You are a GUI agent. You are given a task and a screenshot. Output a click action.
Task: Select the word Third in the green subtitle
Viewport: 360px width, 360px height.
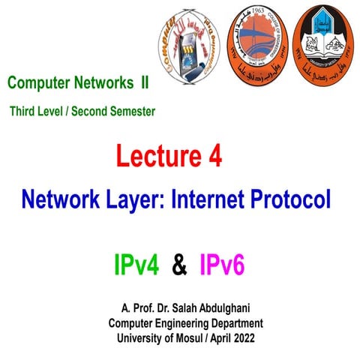(x=23, y=111)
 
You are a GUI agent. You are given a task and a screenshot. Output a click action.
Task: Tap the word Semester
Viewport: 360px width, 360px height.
(x=128, y=111)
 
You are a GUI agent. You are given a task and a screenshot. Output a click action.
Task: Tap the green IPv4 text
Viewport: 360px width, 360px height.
(x=136, y=265)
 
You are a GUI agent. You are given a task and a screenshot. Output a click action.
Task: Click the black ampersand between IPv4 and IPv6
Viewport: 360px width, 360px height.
(x=179, y=265)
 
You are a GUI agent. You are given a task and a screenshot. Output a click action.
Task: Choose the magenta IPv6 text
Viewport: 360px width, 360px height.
(x=223, y=265)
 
